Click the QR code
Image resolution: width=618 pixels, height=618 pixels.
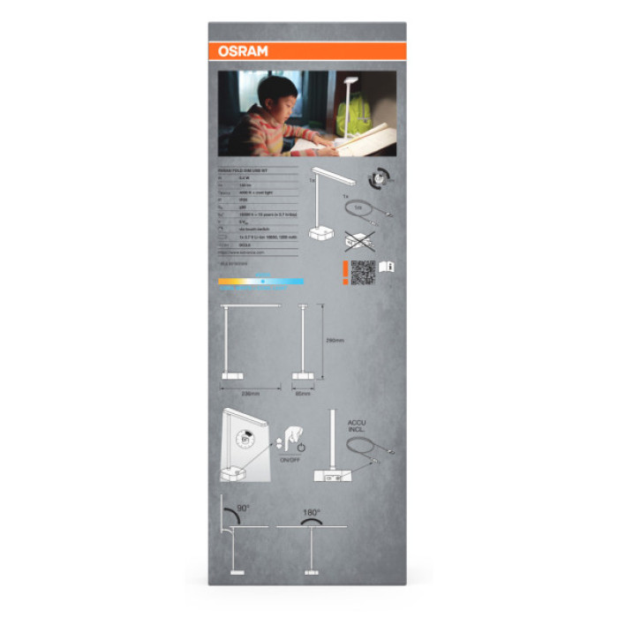click(362, 272)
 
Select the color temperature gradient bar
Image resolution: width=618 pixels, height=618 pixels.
click(261, 282)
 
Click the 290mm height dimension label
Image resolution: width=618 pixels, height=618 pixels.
click(335, 341)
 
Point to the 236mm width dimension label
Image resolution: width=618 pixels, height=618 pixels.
click(251, 393)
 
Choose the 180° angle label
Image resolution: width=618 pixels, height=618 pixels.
click(312, 512)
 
